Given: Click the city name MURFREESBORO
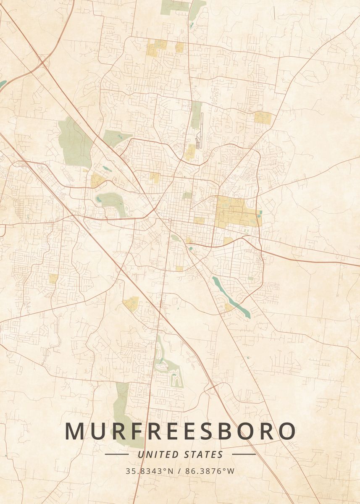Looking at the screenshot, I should [x=180, y=431].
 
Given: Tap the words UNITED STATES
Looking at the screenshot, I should [x=180, y=454].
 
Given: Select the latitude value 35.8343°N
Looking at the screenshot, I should [x=149, y=471].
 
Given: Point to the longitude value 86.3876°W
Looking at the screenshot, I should [x=208, y=471].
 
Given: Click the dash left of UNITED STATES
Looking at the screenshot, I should [x=116, y=454].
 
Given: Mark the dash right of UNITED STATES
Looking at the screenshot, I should [x=244, y=454].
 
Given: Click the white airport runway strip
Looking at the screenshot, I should [x=200, y=130].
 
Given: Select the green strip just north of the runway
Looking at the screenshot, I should [x=196, y=114].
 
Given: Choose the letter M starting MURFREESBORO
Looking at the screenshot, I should [x=75, y=431].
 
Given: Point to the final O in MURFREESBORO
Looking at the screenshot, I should [x=286, y=431].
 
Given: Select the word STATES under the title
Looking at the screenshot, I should [x=204, y=454].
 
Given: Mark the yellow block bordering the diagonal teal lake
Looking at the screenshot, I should [x=229, y=307].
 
